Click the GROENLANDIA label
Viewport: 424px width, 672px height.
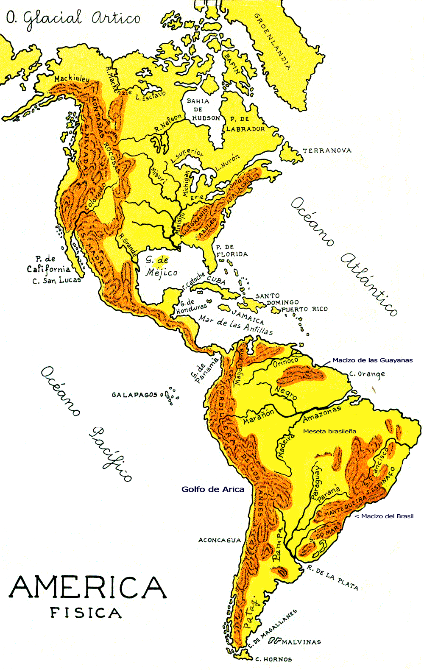pos(273,41)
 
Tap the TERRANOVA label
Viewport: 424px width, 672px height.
pos(327,151)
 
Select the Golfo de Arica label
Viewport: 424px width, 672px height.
pos(213,489)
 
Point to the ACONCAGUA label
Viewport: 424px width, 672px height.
pos(220,540)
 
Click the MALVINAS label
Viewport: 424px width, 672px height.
pos(301,642)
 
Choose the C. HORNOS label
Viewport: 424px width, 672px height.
pos(273,659)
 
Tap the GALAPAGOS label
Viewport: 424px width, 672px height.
pos(134,395)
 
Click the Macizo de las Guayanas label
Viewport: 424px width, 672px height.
pos(372,360)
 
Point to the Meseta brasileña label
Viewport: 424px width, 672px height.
pos(329,431)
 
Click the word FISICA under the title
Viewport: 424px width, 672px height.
pos(86,613)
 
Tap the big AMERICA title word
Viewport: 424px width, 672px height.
pos(88,587)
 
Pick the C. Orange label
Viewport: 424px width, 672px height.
pos(367,374)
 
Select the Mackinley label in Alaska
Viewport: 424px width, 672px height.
pos(72,79)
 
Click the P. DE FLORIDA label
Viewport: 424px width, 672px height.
pos(232,251)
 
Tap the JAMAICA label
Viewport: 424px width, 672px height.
pos(248,316)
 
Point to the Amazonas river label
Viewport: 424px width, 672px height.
pos(322,413)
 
